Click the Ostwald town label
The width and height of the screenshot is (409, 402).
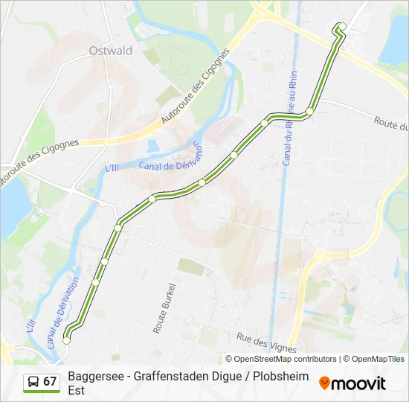(110, 51)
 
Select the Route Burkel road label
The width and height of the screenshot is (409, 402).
(159, 306)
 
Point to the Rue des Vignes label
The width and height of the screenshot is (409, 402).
(266, 342)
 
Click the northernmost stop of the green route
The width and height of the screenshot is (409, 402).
(342, 27)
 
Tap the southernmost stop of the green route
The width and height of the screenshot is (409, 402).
(67, 340)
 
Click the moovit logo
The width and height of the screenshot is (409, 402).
(352, 383)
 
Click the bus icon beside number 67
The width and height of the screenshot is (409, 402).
(33, 382)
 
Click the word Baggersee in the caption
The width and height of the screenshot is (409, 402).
(95, 377)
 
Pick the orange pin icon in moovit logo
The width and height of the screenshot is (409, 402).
(324, 383)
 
